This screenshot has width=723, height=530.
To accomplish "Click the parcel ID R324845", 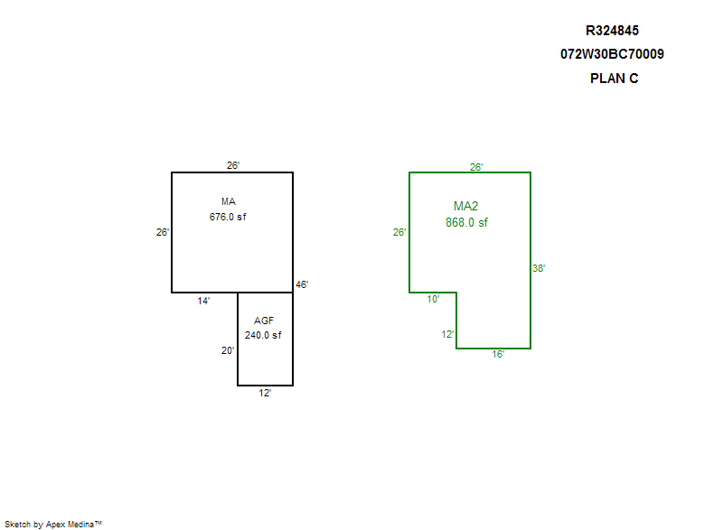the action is click(612, 31).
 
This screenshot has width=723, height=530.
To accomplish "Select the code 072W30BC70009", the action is click(612, 54).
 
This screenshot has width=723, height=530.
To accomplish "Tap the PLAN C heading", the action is click(615, 79).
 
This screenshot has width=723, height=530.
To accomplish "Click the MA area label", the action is click(229, 201).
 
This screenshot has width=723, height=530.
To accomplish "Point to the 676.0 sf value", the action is click(228, 217).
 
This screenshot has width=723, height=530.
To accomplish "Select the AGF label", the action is click(264, 321).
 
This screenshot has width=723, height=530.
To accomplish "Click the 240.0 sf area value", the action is click(263, 335).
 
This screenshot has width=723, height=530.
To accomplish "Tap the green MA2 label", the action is click(465, 206).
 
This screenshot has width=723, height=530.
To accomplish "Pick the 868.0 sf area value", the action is click(466, 222).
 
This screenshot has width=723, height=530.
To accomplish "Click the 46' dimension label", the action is click(302, 284).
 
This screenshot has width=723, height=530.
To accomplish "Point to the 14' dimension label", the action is click(203, 301).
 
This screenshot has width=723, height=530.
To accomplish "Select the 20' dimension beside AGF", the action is click(228, 350).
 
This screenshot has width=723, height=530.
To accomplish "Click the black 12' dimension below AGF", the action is click(265, 393).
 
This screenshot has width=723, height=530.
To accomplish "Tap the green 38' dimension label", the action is click(539, 268).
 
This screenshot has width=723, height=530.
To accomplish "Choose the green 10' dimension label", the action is click(433, 299).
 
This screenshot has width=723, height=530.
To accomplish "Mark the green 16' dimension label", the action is click(498, 354).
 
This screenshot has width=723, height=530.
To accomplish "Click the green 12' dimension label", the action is click(447, 334).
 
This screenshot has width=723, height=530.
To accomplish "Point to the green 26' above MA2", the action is click(476, 167).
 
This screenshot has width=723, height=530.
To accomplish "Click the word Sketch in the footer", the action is click(17, 524).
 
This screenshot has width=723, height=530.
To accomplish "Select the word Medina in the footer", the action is click(80, 524).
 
